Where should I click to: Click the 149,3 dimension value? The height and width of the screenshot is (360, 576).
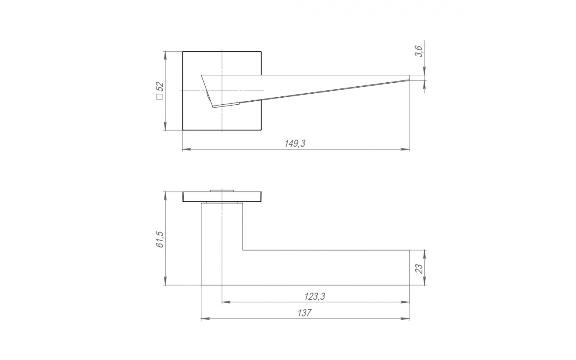(295, 144)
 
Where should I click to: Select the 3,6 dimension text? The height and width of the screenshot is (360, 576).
(419, 51)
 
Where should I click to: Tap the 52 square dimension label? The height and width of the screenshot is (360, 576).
(160, 87)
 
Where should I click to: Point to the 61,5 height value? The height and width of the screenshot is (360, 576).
(160, 239)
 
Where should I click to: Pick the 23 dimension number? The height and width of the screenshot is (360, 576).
(419, 269)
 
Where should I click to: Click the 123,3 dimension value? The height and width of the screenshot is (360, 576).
(315, 296)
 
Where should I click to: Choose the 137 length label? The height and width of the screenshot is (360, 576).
(304, 313)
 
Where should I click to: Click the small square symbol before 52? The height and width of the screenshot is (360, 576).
(160, 97)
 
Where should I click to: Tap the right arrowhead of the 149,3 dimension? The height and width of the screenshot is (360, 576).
(405, 149)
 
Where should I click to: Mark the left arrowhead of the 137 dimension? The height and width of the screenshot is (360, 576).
(205, 319)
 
